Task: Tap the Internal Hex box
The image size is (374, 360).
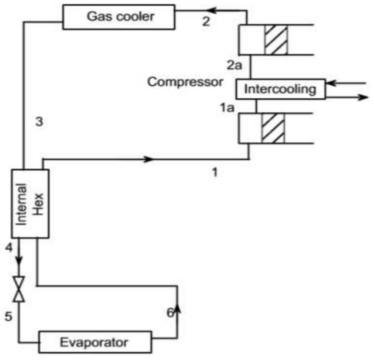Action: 30,204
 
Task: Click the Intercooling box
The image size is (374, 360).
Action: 280,89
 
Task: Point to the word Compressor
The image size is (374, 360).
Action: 185,82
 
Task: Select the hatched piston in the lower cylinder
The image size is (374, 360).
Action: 273,128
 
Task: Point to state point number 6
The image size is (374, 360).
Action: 170,313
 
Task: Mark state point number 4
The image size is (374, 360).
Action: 8,248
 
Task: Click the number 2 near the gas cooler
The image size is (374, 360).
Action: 205,22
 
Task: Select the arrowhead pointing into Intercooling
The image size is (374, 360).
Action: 331,84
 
